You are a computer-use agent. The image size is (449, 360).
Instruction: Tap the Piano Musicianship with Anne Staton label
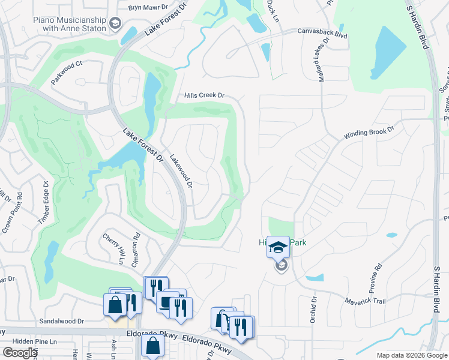pyautogui.click(x=68, y=24)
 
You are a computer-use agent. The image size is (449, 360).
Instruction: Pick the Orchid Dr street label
pyautogui.click(x=313, y=310)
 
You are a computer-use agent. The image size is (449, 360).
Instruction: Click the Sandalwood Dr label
pyautogui.click(x=61, y=321)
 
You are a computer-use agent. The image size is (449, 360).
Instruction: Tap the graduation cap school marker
pyautogui.click(x=278, y=247)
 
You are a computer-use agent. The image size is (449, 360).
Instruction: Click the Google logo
pyautogui.click(x=20, y=353)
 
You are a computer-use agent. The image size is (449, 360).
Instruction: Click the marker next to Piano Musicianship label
pyautogui.click(x=115, y=24)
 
